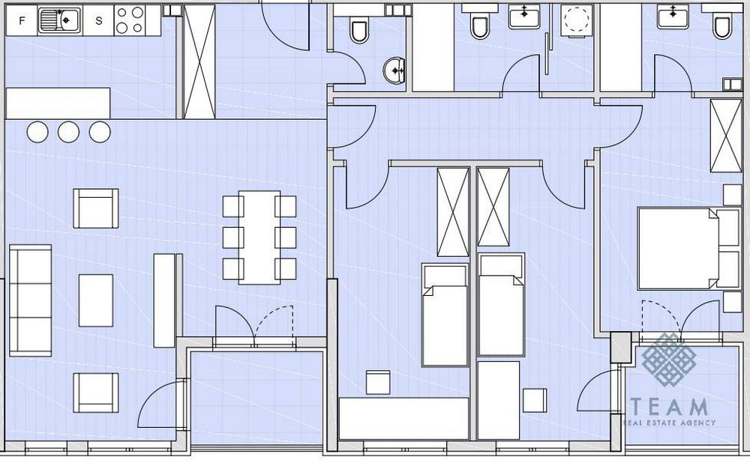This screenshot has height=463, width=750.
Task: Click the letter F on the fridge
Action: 22,20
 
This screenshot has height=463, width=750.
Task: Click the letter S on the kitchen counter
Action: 98,20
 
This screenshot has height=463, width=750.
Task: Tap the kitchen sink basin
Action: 69,19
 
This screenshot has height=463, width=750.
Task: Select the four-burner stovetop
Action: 130,20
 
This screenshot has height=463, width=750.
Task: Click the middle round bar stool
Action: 68,132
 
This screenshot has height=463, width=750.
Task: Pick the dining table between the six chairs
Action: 259,237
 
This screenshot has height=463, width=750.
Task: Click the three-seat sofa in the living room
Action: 31,300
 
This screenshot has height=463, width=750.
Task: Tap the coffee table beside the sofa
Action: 96,300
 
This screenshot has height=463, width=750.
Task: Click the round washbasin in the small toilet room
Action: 394,70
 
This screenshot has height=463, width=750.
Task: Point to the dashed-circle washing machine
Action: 576,21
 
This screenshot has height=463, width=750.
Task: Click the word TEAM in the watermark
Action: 669,407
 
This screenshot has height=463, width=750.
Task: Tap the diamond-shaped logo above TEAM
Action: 669,359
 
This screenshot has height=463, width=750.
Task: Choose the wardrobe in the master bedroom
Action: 725,136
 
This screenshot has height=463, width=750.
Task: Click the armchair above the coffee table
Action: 96,208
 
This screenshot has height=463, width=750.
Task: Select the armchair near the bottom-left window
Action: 96,393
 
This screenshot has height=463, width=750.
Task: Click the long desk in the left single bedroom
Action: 403,419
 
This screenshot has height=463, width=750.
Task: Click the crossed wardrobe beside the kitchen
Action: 199,62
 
